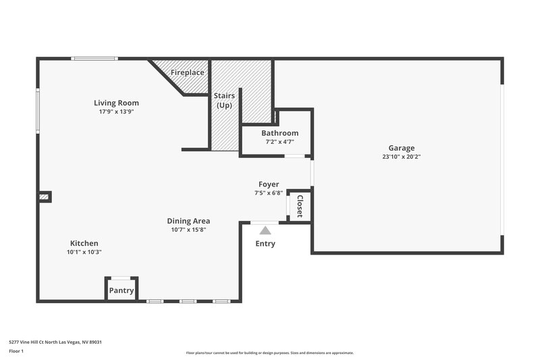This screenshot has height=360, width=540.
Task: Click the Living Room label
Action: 116,103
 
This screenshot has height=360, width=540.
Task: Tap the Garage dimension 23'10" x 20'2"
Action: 401,157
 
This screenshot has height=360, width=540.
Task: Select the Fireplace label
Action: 187,72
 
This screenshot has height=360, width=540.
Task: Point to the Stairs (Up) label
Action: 224,101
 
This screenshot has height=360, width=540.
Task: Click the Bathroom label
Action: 279,133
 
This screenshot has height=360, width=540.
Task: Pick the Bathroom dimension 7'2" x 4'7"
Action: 279,142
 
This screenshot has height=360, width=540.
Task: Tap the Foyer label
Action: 269,184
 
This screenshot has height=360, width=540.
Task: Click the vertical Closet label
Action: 300,206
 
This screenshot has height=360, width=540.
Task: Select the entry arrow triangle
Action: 265,230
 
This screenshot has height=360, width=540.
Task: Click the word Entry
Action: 265,244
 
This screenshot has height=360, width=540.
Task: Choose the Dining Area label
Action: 188,221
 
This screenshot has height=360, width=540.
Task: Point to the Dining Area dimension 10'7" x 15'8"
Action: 188,230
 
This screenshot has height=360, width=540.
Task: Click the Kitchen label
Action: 84,243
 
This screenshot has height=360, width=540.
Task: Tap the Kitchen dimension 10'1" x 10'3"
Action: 84,252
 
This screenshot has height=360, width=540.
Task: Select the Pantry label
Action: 122,291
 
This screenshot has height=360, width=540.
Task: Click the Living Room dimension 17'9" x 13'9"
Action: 116,111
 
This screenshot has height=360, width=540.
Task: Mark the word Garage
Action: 401,148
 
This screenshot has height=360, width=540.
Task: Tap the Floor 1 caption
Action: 16,352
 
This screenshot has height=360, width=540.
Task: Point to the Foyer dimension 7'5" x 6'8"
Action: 269,193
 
